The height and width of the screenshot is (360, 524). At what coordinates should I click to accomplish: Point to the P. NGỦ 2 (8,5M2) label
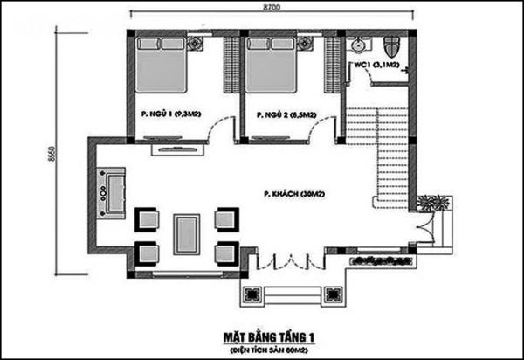[286, 114]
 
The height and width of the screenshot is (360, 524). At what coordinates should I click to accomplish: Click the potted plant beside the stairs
[427, 204]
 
